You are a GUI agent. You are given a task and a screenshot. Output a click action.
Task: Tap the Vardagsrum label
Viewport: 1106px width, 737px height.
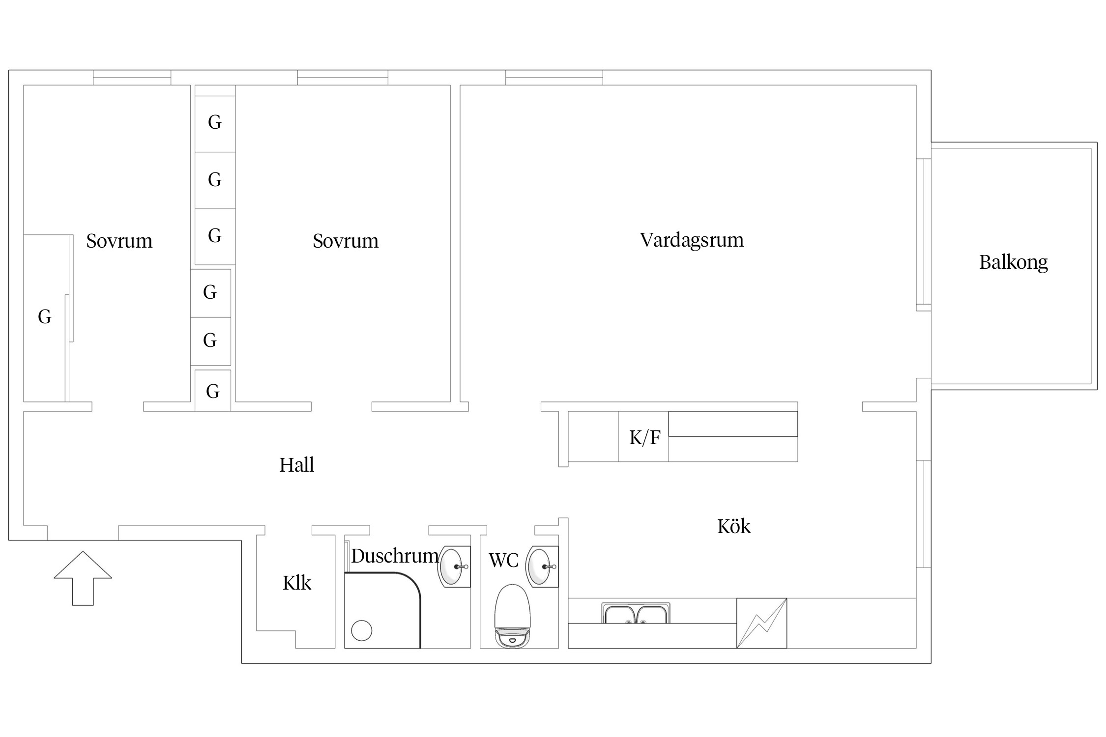(x=691, y=240)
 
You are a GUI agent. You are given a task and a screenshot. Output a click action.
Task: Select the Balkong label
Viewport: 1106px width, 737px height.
(x=1013, y=262)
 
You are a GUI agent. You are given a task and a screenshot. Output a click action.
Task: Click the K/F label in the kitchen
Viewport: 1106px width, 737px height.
(x=644, y=437)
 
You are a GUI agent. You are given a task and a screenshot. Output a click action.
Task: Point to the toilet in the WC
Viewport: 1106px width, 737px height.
(x=512, y=617)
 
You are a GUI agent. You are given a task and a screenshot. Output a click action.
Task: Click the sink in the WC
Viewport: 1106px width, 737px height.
(x=541, y=567)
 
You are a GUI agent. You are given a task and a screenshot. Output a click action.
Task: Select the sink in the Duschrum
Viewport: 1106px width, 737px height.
(x=452, y=567)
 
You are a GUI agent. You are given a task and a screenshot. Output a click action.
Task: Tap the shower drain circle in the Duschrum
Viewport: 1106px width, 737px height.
(x=362, y=630)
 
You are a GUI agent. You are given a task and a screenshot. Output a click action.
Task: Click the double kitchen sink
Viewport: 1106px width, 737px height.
(x=635, y=614)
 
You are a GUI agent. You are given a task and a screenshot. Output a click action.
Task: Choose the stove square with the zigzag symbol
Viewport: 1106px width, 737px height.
(x=761, y=623)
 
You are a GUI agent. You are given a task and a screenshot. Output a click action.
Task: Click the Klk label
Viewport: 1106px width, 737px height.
(x=297, y=583)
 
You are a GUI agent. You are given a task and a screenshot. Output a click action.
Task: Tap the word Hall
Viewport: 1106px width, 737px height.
(x=296, y=465)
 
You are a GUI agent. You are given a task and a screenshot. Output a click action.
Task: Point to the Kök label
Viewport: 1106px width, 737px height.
(x=733, y=527)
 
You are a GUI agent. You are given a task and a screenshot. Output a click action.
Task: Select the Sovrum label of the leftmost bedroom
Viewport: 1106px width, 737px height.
(x=119, y=241)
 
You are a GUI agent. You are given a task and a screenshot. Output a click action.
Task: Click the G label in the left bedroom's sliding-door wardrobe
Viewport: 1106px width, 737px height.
(x=45, y=317)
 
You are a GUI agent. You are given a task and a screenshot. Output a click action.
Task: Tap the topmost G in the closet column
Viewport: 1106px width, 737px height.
(x=215, y=122)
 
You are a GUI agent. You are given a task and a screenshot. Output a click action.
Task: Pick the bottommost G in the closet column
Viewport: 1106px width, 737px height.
(x=213, y=392)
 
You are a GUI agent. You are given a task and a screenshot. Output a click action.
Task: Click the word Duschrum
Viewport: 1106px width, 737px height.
(x=395, y=556)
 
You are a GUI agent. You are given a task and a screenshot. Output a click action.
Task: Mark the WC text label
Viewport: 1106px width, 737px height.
(x=503, y=560)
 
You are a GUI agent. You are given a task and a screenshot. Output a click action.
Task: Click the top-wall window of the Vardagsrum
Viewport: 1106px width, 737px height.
(x=554, y=78)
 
